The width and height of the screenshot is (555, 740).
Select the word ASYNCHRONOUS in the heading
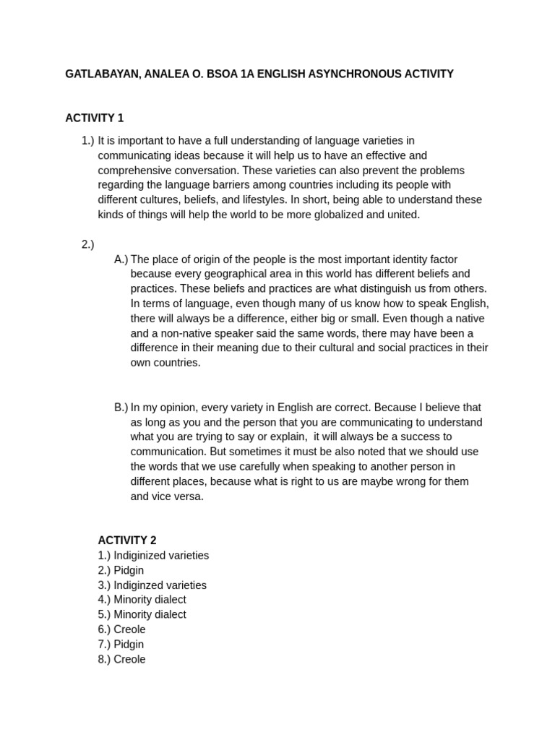pos(339,74)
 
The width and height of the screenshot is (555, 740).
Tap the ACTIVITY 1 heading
pos(95,118)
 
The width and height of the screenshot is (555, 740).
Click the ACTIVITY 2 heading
pos(127,540)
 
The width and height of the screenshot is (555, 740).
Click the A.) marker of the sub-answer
pos(121,259)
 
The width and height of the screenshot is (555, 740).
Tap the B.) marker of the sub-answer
pos(121,408)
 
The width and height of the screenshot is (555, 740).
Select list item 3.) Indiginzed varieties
pos(152,585)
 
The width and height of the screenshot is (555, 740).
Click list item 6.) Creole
pos(122,629)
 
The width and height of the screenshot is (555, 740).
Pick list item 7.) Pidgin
pos(121,645)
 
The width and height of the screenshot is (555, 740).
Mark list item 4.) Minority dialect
pos(142,600)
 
